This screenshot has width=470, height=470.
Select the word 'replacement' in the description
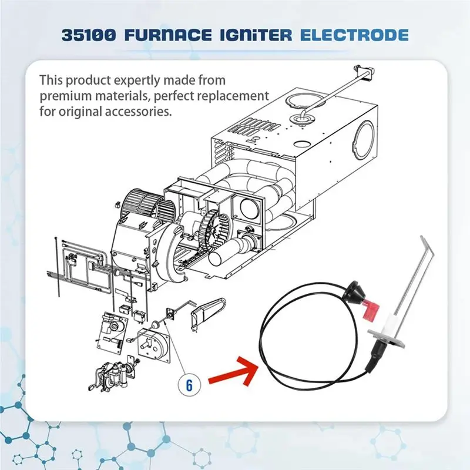click(236, 96)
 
